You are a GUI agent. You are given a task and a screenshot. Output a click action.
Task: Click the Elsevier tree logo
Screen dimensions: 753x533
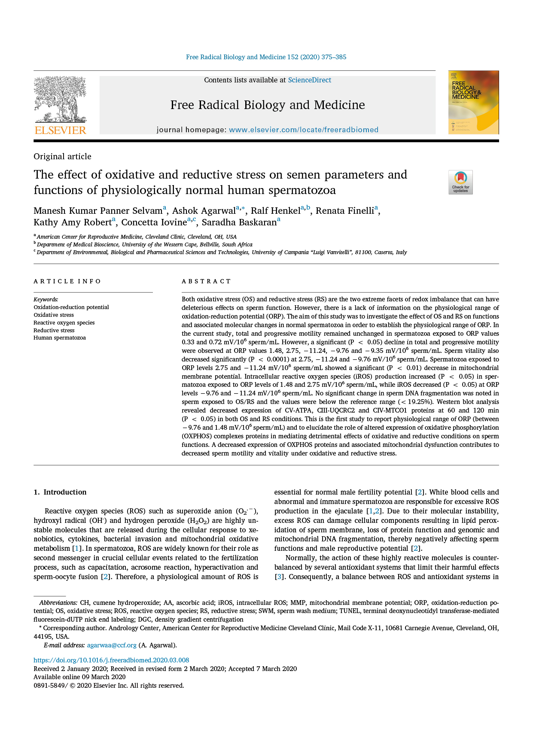click(x=60, y=100)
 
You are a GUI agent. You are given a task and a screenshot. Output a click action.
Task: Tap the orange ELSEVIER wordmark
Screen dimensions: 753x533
click(x=61, y=131)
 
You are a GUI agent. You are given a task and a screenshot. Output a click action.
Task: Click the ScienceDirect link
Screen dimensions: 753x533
click(x=309, y=80)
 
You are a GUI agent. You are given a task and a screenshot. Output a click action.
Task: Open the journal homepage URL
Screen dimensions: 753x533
click(x=303, y=130)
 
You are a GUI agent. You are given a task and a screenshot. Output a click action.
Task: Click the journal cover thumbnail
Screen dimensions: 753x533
click(x=473, y=103)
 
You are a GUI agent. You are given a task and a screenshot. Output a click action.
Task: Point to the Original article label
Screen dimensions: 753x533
click(x=62, y=156)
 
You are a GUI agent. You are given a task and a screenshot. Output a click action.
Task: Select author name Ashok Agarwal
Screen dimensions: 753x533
click(x=204, y=211)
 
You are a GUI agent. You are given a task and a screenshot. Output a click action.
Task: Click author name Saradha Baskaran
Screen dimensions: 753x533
click(x=239, y=222)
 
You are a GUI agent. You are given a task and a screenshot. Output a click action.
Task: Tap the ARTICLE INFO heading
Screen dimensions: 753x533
click(x=67, y=281)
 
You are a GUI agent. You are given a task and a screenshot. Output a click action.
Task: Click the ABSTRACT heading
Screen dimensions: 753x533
click(x=206, y=281)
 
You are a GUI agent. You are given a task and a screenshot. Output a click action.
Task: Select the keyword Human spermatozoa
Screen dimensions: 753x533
click(x=60, y=338)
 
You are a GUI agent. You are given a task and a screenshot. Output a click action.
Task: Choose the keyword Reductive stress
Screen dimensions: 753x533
click(x=54, y=330)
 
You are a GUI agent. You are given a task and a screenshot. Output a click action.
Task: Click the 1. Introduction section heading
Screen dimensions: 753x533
click(x=60, y=492)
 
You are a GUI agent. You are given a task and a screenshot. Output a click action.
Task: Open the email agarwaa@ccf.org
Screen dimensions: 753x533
click(x=112, y=645)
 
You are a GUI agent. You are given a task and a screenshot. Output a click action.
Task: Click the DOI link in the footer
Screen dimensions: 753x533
click(x=111, y=660)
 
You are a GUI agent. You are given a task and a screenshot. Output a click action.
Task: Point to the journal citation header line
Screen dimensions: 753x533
click(x=266, y=57)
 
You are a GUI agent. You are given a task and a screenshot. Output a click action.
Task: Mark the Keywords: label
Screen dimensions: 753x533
click(x=46, y=299)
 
